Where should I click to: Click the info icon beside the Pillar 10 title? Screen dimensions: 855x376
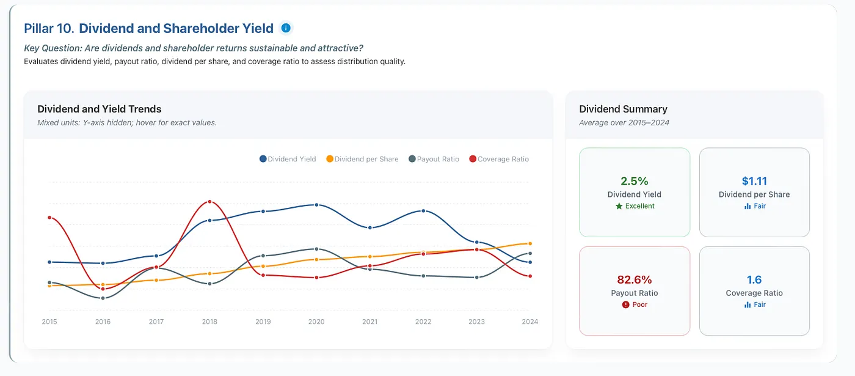click(x=286, y=28)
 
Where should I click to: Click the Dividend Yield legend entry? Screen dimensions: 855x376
click(x=288, y=159)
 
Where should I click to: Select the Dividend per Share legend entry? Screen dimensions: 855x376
click(x=362, y=159)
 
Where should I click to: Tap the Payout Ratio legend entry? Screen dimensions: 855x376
click(x=434, y=159)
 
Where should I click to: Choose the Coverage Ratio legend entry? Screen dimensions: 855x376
click(x=499, y=159)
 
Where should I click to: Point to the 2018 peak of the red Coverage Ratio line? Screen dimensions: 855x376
click(x=209, y=201)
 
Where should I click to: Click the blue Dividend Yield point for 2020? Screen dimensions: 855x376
click(x=316, y=205)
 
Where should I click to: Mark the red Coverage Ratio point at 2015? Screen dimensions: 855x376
click(x=49, y=218)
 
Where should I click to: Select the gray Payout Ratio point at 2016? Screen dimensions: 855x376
click(x=103, y=298)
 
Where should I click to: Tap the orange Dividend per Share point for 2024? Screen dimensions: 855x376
click(x=530, y=243)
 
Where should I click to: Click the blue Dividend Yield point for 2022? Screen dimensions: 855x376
click(x=423, y=211)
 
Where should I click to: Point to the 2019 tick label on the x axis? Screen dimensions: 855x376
click(x=263, y=322)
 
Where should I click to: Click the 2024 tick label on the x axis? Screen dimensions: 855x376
click(x=530, y=322)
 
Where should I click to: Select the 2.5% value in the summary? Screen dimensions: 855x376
click(x=635, y=181)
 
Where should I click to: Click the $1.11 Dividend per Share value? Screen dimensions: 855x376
click(x=754, y=181)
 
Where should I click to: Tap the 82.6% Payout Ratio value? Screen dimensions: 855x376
click(x=635, y=280)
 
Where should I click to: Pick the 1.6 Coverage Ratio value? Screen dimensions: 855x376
click(x=754, y=280)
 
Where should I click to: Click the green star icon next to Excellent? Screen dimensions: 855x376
click(x=619, y=206)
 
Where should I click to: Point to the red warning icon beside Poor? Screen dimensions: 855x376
click(x=625, y=304)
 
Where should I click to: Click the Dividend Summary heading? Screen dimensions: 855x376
click(x=624, y=109)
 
